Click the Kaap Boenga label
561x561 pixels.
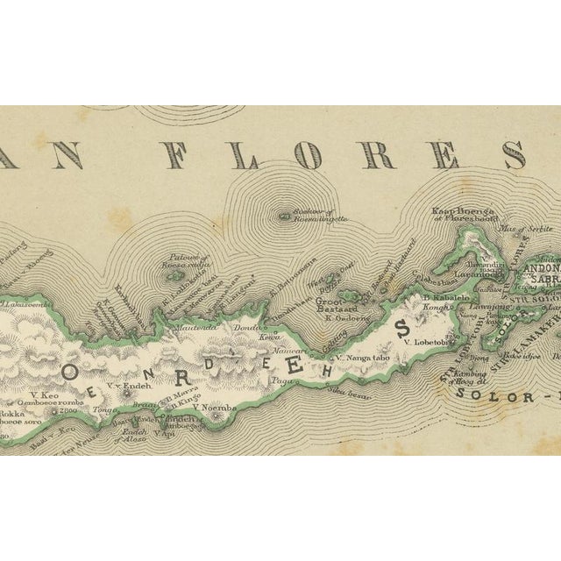(463, 211)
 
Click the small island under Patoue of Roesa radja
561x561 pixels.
(169, 259)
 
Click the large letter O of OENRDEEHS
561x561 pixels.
(70, 371)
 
